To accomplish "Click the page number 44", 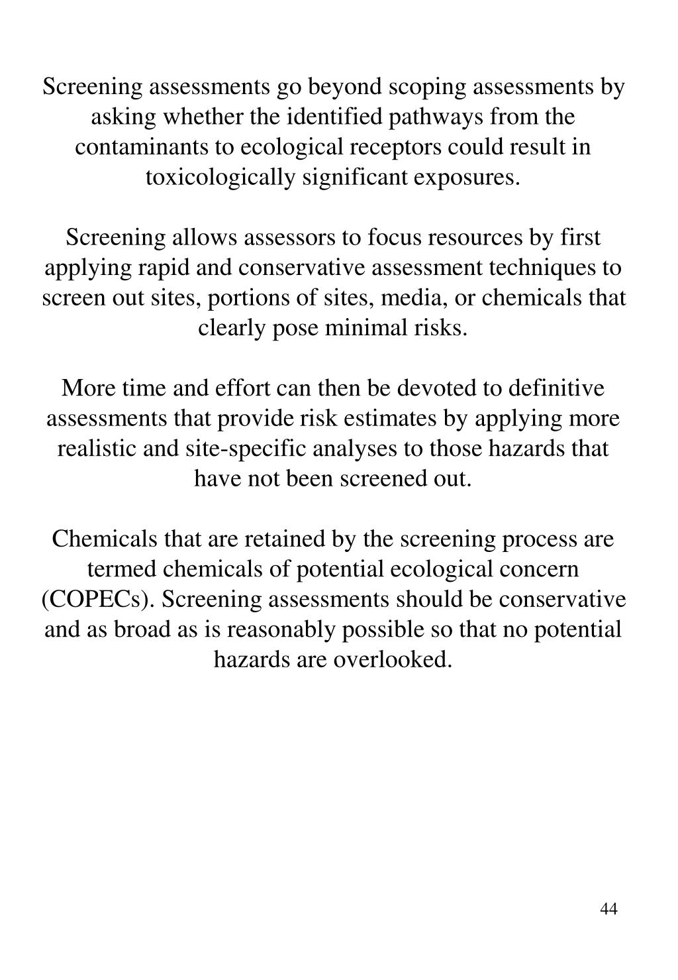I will coord(608,908).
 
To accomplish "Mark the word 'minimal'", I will coord(365,328).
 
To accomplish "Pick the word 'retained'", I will coord(286,539).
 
